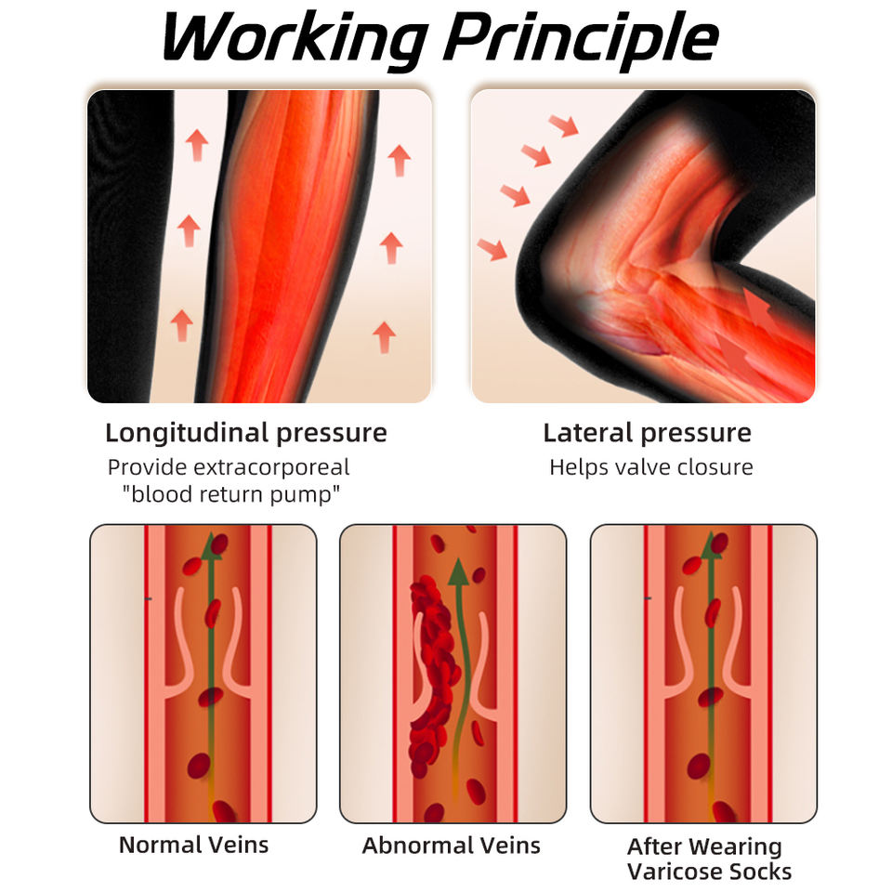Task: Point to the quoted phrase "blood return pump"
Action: (x=231, y=494)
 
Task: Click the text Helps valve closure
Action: (x=650, y=467)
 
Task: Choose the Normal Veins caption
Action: (x=193, y=845)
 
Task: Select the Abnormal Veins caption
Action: (x=451, y=846)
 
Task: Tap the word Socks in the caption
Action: (x=760, y=872)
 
